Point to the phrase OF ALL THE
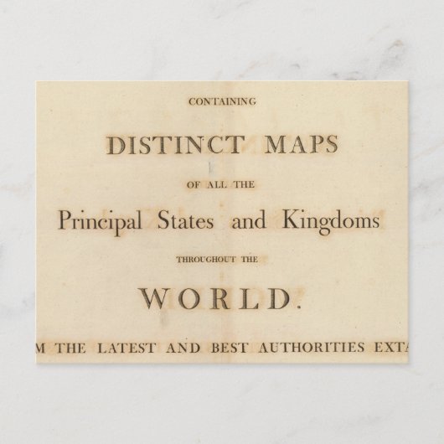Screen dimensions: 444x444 [x=222, y=183]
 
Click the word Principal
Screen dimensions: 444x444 [x=98, y=221]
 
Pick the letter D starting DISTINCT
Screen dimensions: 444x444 [x=115, y=145]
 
